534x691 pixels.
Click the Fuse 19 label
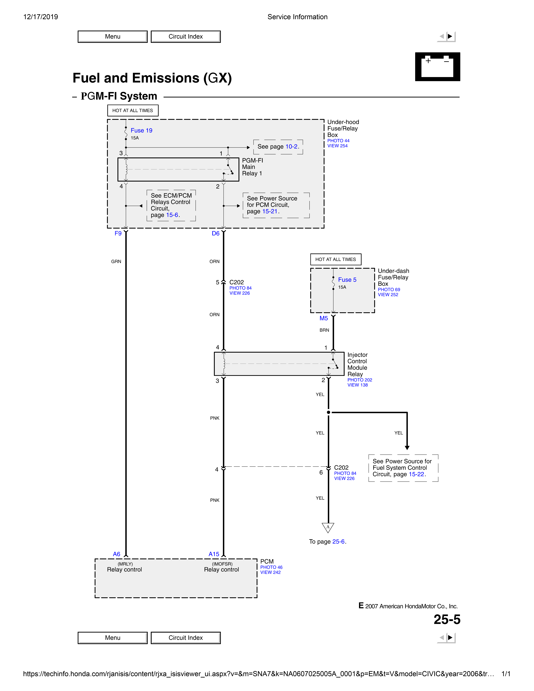pos(141,130)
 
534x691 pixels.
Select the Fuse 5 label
pos(347,280)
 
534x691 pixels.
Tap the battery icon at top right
pos(437,67)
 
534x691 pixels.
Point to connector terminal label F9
pos(118,233)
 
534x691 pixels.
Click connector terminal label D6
pos(215,233)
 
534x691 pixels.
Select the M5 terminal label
pos(324,318)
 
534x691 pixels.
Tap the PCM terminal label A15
pos(214,554)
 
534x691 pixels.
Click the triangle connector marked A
pos(328,527)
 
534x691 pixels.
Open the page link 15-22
pos(416,474)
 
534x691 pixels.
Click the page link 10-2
pos(291,146)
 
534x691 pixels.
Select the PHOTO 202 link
pos(360,380)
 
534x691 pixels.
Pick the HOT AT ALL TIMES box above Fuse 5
pos(336,259)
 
